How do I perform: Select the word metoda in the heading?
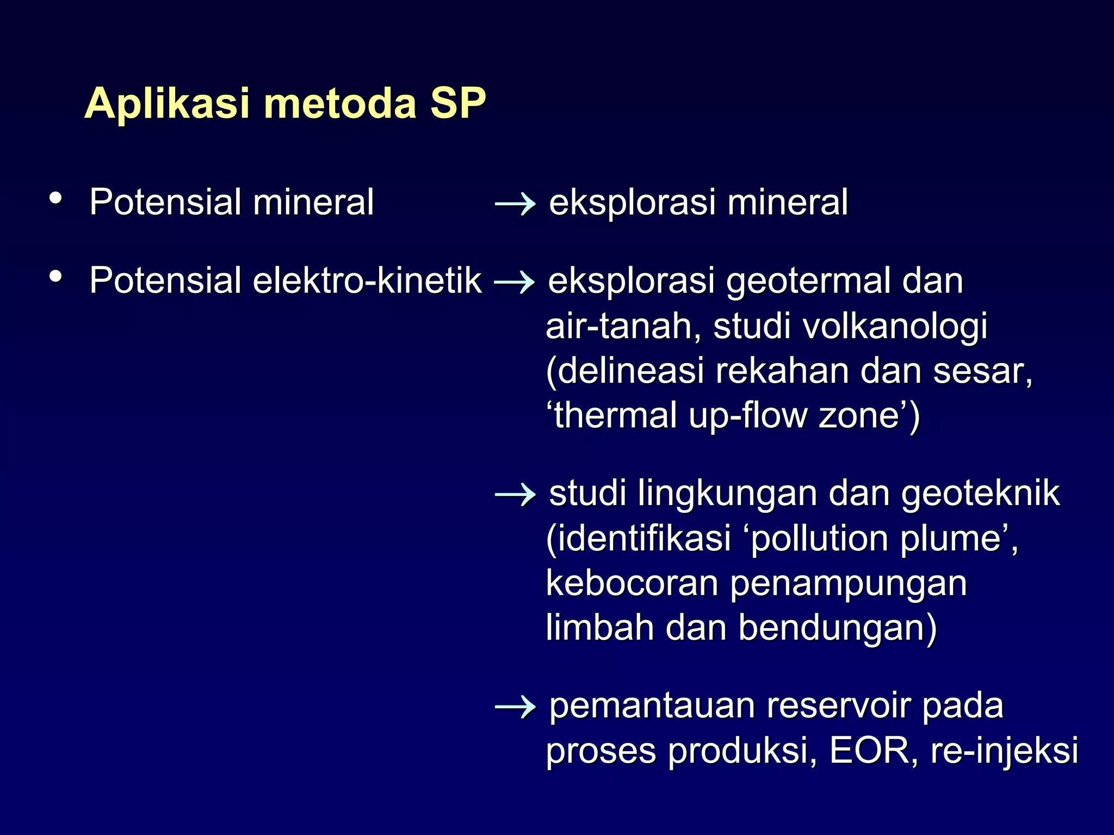coord(340,103)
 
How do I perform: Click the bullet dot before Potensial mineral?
coord(55,198)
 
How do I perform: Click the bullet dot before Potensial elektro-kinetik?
coord(55,277)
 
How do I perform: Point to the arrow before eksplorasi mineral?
coord(515,204)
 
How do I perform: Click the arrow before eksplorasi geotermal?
coord(514,283)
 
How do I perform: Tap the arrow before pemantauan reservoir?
coord(515,707)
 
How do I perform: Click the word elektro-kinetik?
coord(367,281)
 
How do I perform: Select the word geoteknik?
coord(980,494)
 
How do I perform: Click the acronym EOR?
coord(869,751)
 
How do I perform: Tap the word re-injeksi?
coord(1004,752)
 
